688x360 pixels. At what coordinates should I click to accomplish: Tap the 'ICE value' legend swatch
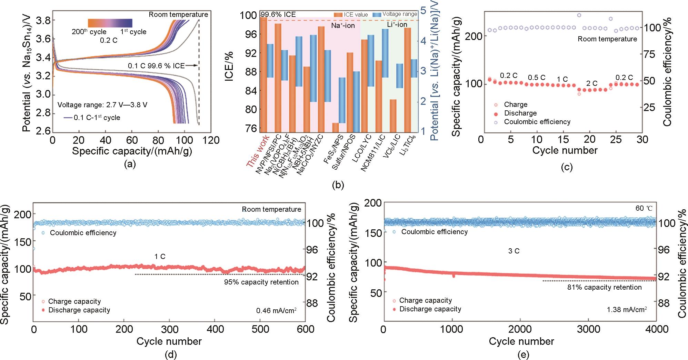(338, 14)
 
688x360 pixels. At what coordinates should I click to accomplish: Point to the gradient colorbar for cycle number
(110, 23)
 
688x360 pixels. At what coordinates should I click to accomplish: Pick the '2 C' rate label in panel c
(592, 83)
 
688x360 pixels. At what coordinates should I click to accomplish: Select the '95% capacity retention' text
(261, 282)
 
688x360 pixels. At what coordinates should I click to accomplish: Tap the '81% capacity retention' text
(604, 287)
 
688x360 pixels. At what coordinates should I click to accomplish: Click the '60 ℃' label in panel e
(644, 209)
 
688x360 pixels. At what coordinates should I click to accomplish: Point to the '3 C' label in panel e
(514, 251)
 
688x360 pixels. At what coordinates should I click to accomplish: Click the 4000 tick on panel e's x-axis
(657, 330)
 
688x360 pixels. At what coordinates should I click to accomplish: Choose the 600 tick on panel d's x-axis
(306, 330)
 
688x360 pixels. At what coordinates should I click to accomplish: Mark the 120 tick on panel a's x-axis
(211, 140)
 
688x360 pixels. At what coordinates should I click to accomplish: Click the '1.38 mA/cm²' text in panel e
(627, 310)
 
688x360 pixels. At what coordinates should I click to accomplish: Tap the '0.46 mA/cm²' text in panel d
(276, 311)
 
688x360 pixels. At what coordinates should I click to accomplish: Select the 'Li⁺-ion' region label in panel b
(397, 24)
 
